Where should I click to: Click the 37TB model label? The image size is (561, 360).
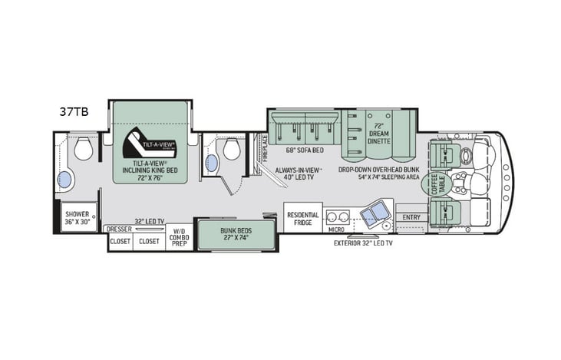point(74,111)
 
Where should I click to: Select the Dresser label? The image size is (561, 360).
point(119,229)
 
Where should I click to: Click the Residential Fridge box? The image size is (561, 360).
point(302,219)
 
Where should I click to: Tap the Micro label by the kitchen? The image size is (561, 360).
point(336,228)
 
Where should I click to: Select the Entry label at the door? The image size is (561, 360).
point(411,217)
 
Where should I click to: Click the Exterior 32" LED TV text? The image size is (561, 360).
point(363,243)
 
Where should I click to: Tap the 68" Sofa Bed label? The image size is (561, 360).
point(302,150)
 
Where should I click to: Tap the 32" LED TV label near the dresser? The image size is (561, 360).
point(150,221)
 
